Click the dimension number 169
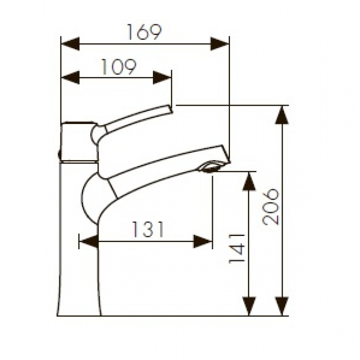[x=145, y=32]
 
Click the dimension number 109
[x=119, y=67]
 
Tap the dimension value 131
[x=148, y=229]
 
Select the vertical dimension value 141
[x=237, y=249]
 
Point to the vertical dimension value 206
[x=271, y=207]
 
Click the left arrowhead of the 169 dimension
[x=70, y=43]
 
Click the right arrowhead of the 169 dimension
[x=220, y=43]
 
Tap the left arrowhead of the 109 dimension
[x=70, y=78]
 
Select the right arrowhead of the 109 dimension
[x=162, y=78]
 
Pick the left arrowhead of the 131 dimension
[x=89, y=241]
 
